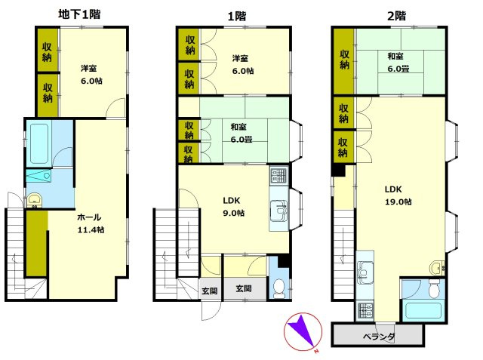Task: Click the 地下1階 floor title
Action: point(79,14)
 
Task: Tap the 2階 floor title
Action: point(396,16)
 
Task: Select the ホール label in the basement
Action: point(89,217)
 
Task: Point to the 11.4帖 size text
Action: point(91,229)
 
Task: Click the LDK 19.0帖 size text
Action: point(398,202)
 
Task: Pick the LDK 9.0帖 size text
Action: point(234,213)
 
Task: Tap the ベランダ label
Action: point(379,337)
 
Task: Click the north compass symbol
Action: point(303,332)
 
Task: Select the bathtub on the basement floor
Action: point(39,143)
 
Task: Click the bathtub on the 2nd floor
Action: point(423,310)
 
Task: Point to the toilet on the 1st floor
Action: point(279,288)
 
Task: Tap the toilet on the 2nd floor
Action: point(434,288)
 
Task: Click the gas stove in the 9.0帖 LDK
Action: point(279,176)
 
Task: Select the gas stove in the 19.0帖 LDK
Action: point(365,312)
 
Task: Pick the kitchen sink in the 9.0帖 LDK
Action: point(278,211)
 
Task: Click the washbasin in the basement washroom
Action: point(34,201)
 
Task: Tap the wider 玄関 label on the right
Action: point(244,288)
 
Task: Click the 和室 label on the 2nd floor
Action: point(395,56)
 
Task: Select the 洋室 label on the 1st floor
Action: point(240,58)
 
